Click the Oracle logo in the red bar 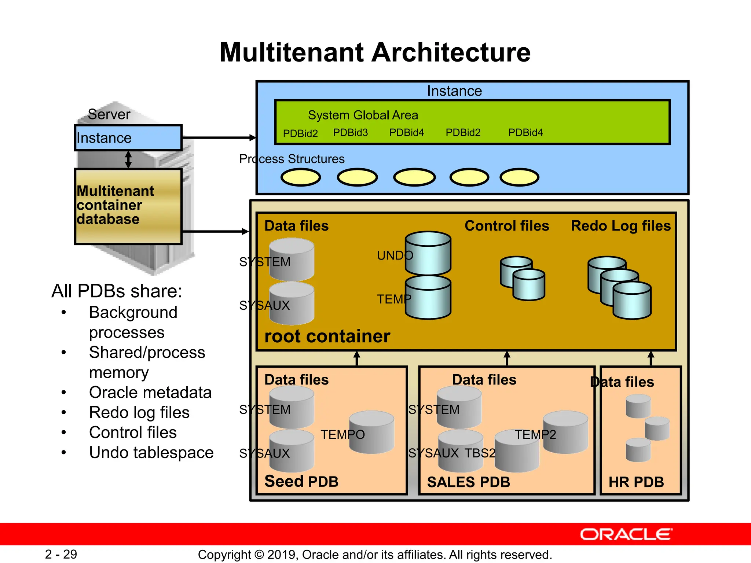626,534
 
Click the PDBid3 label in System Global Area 350,133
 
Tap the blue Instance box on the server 128,138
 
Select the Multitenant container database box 128,206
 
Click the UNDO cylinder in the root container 428,253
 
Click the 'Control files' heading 507,226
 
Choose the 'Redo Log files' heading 621,226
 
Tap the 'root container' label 327,336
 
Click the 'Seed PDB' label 301,481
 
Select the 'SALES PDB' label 469,482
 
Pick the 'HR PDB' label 636,482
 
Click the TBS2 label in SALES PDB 480,453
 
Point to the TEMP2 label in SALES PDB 535,435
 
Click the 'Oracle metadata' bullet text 150,393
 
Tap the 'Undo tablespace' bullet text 151,453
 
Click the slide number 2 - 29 61,554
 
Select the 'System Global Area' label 363,115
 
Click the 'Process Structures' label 292,159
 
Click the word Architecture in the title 451,52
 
